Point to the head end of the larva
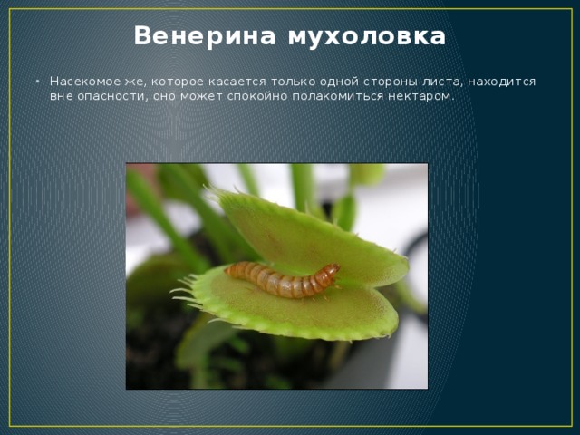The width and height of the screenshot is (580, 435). click(x=332, y=270)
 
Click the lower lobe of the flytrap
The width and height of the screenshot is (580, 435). click(x=299, y=313)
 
